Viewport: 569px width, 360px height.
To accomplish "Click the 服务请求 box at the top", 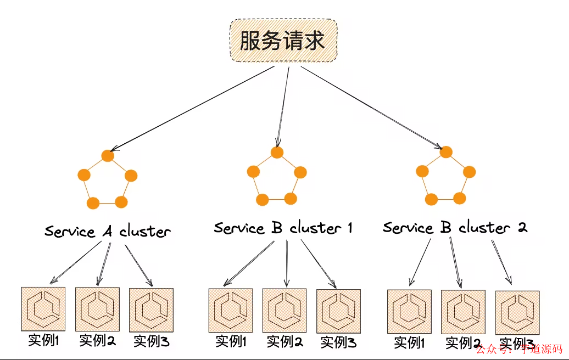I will pyautogui.click(x=282, y=41).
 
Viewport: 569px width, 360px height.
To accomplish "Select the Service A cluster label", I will pyautogui.click(x=108, y=231).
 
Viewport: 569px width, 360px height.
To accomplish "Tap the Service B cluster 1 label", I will pyautogui.click(x=283, y=227).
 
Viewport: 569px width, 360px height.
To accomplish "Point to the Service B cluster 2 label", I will pyautogui.click(x=455, y=227).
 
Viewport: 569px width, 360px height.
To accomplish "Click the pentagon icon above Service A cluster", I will pyautogui.click(x=108, y=179).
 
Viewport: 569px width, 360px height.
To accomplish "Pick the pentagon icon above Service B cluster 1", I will pyautogui.click(x=277, y=176).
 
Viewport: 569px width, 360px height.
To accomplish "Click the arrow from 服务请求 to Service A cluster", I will pyautogui.click(x=192, y=109).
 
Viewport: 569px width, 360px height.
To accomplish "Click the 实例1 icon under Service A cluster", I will pyautogui.click(x=43, y=308).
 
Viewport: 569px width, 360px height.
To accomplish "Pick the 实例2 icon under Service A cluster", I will pyautogui.click(x=97, y=309).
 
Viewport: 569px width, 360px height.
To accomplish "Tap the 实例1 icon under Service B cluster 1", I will pyautogui.click(x=231, y=310).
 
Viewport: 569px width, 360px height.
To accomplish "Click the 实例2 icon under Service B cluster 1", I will pyautogui.click(x=284, y=310).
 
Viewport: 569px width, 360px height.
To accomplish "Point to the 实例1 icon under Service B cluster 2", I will pyautogui.click(x=409, y=312).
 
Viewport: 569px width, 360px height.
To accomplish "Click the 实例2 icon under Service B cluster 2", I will pyautogui.click(x=463, y=312).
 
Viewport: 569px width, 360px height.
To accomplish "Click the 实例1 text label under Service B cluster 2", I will pyautogui.click(x=410, y=344).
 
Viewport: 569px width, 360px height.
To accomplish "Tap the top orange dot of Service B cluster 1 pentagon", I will pyautogui.click(x=277, y=152).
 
